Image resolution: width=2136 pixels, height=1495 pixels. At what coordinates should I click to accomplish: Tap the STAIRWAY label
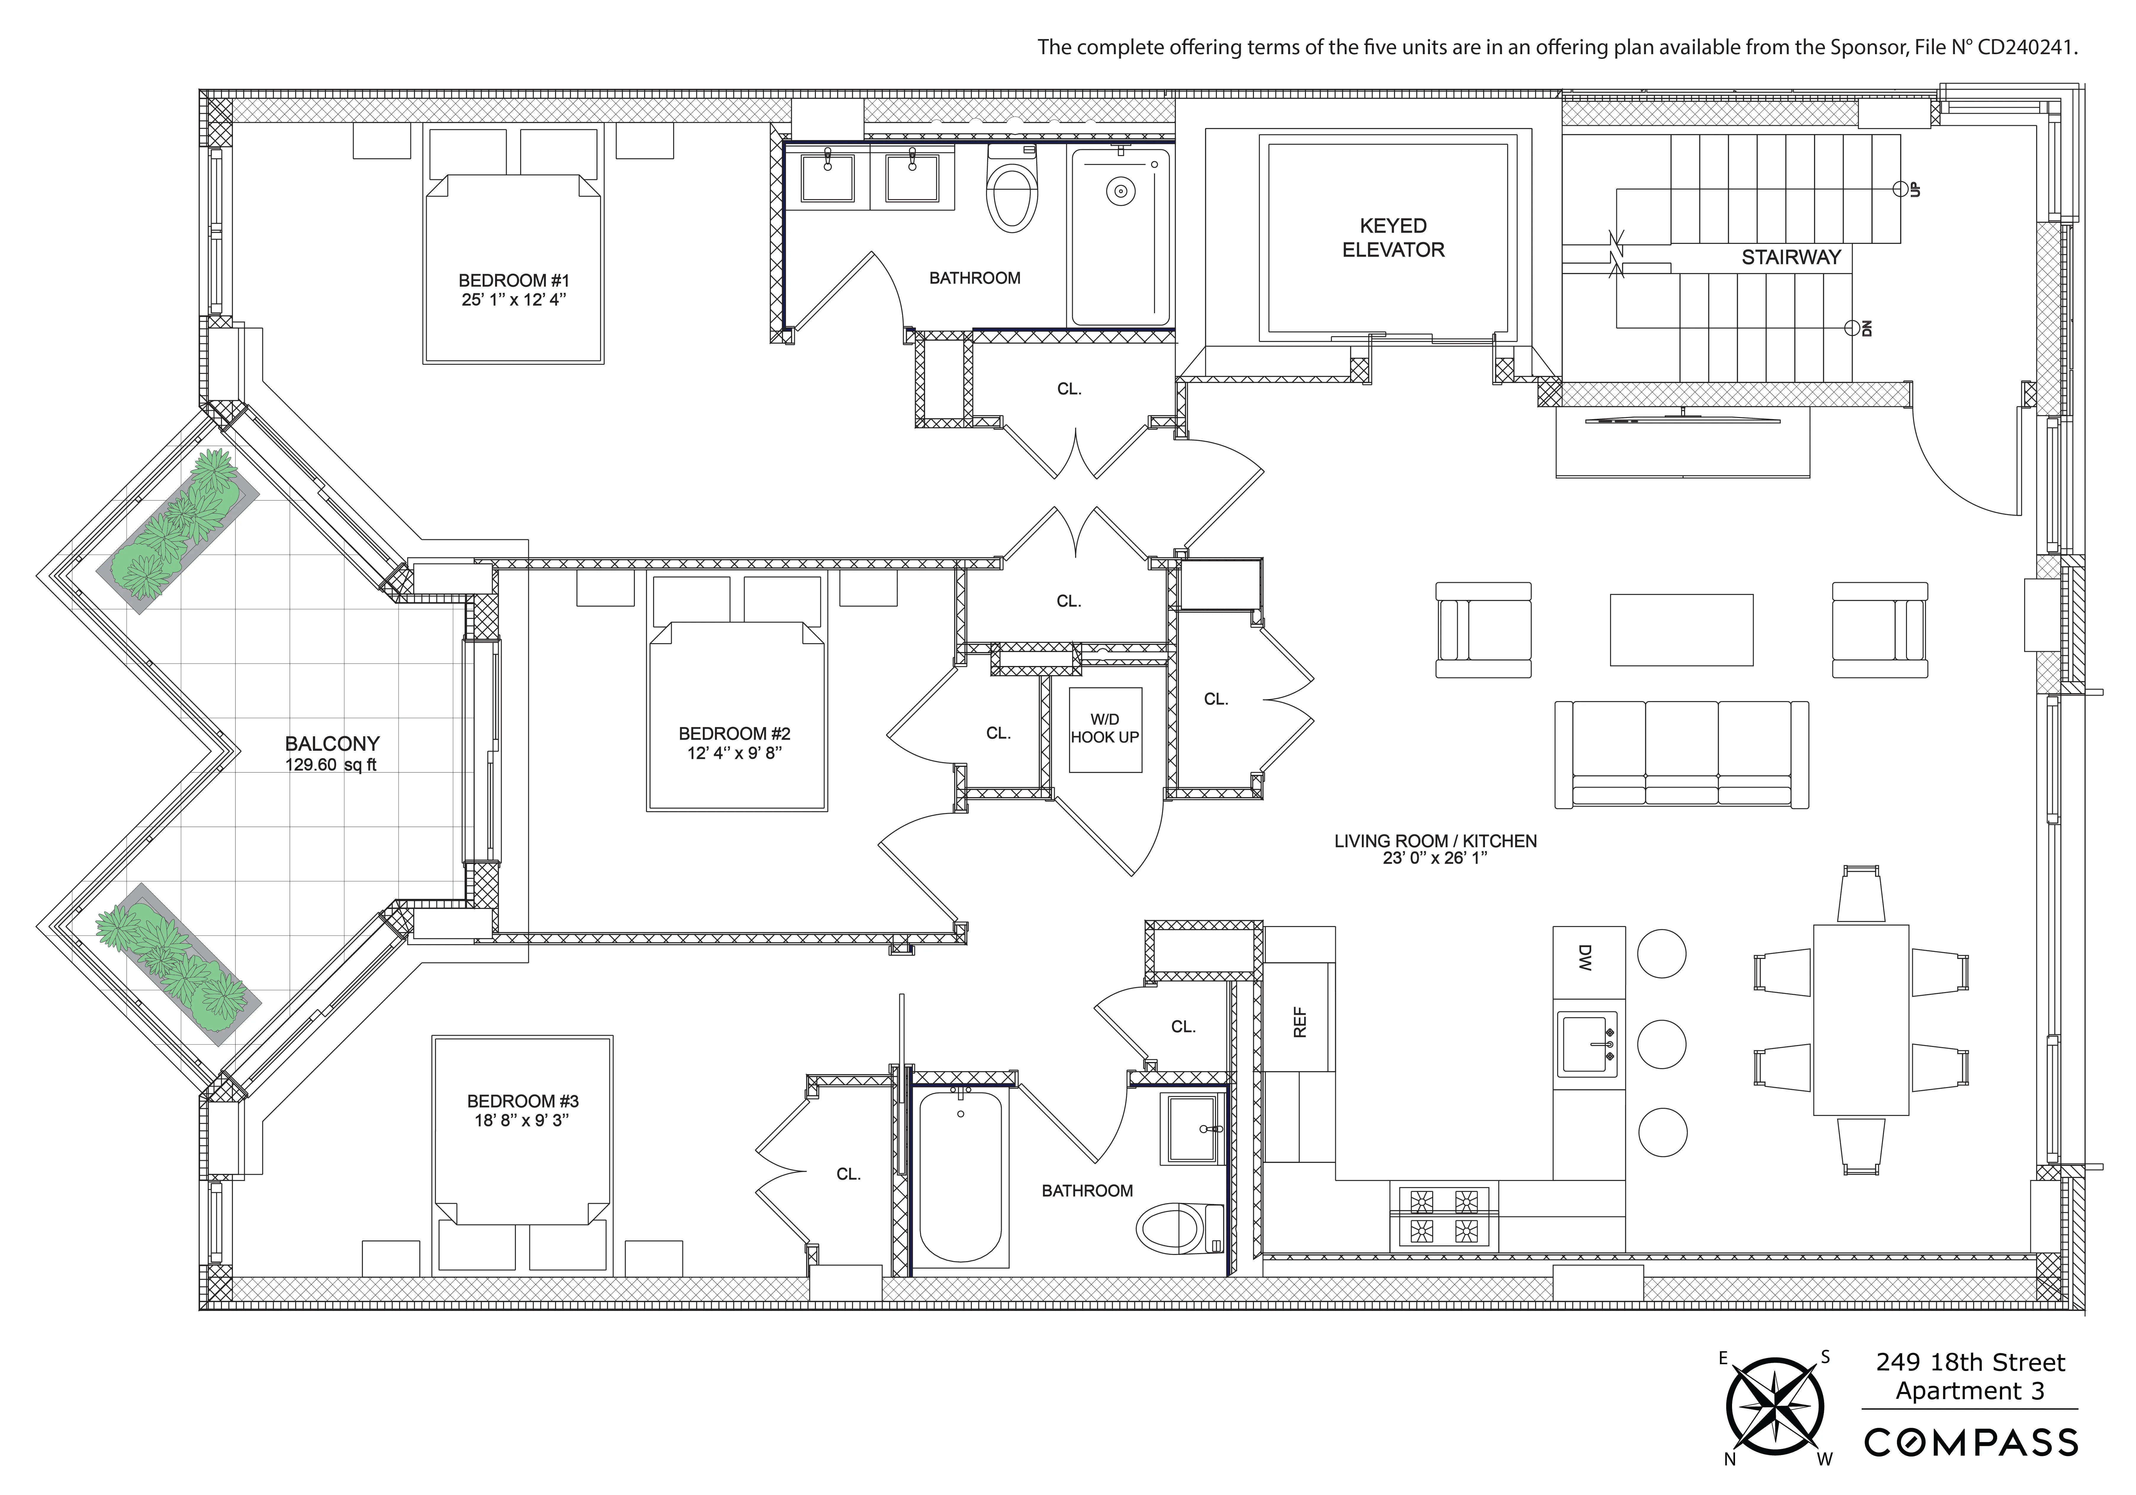click(1791, 258)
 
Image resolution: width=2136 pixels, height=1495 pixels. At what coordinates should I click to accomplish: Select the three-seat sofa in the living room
click(1681, 754)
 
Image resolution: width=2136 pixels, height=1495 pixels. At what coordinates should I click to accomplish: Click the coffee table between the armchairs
click(1681, 630)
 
